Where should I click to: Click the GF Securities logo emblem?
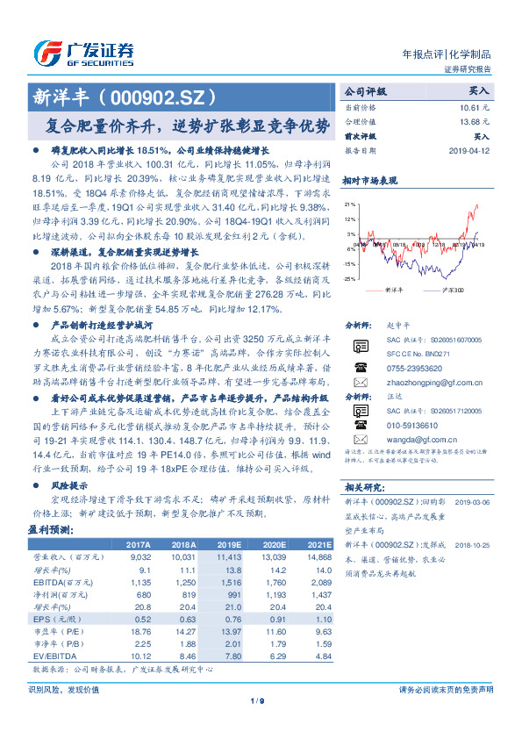(x=46, y=52)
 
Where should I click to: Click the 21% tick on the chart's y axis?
(x=350, y=204)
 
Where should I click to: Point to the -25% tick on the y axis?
(x=349, y=278)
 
